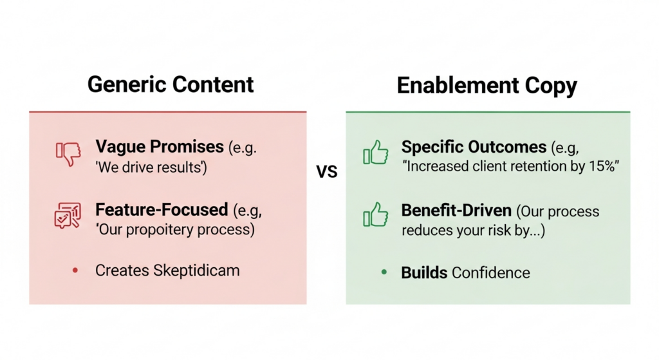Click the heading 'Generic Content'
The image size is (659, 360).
click(x=171, y=84)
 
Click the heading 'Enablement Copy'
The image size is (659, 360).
click(x=487, y=86)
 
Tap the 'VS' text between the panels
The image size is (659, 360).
click(x=327, y=172)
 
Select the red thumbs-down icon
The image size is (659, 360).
click(x=68, y=154)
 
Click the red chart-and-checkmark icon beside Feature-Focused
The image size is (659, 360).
click(x=67, y=216)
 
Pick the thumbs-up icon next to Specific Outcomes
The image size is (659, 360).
click(x=375, y=154)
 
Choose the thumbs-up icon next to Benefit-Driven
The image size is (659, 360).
click(x=375, y=215)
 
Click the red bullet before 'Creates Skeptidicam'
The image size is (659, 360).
click(x=75, y=270)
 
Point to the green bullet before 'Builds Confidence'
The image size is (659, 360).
click(x=384, y=272)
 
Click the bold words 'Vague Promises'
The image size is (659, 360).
click(x=160, y=146)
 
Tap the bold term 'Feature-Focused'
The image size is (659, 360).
click(x=162, y=209)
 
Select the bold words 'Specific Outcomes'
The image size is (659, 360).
click(x=474, y=147)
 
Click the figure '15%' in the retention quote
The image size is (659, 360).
click(x=602, y=167)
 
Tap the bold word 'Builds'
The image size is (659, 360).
click(x=424, y=272)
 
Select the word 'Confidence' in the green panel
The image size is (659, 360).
click(x=490, y=272)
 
